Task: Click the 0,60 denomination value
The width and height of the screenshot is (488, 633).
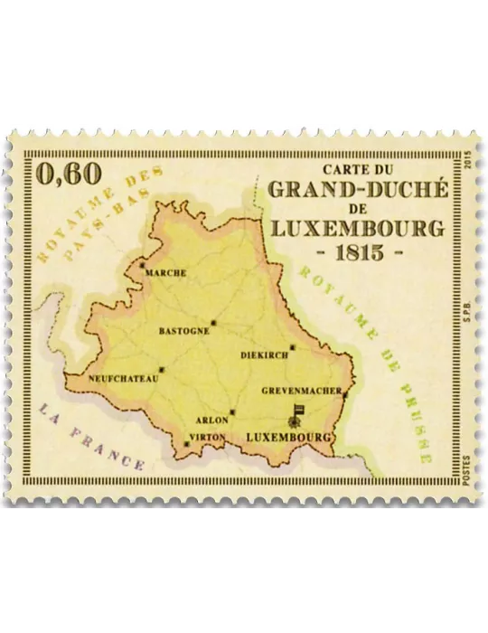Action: pyautogui.click(x=68, y=174)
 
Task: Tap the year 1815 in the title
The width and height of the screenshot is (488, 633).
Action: pyautogui.click(x=359, y=250)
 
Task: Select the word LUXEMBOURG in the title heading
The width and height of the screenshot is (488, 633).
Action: pyautogui.click(x=359, y=226)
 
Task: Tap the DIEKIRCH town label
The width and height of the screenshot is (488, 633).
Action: pyautogui.click(x=264, y=355)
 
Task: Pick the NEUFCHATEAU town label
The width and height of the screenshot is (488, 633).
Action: pyautogui.click(x=124, y=379)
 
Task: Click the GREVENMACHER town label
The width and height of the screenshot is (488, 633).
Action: pyautogui.click(x=301, y=392)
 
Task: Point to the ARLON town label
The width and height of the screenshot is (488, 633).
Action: pyautogui.click(x=212, y=420)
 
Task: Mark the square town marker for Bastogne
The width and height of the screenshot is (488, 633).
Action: pyautogui.click(x=214, y=322)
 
